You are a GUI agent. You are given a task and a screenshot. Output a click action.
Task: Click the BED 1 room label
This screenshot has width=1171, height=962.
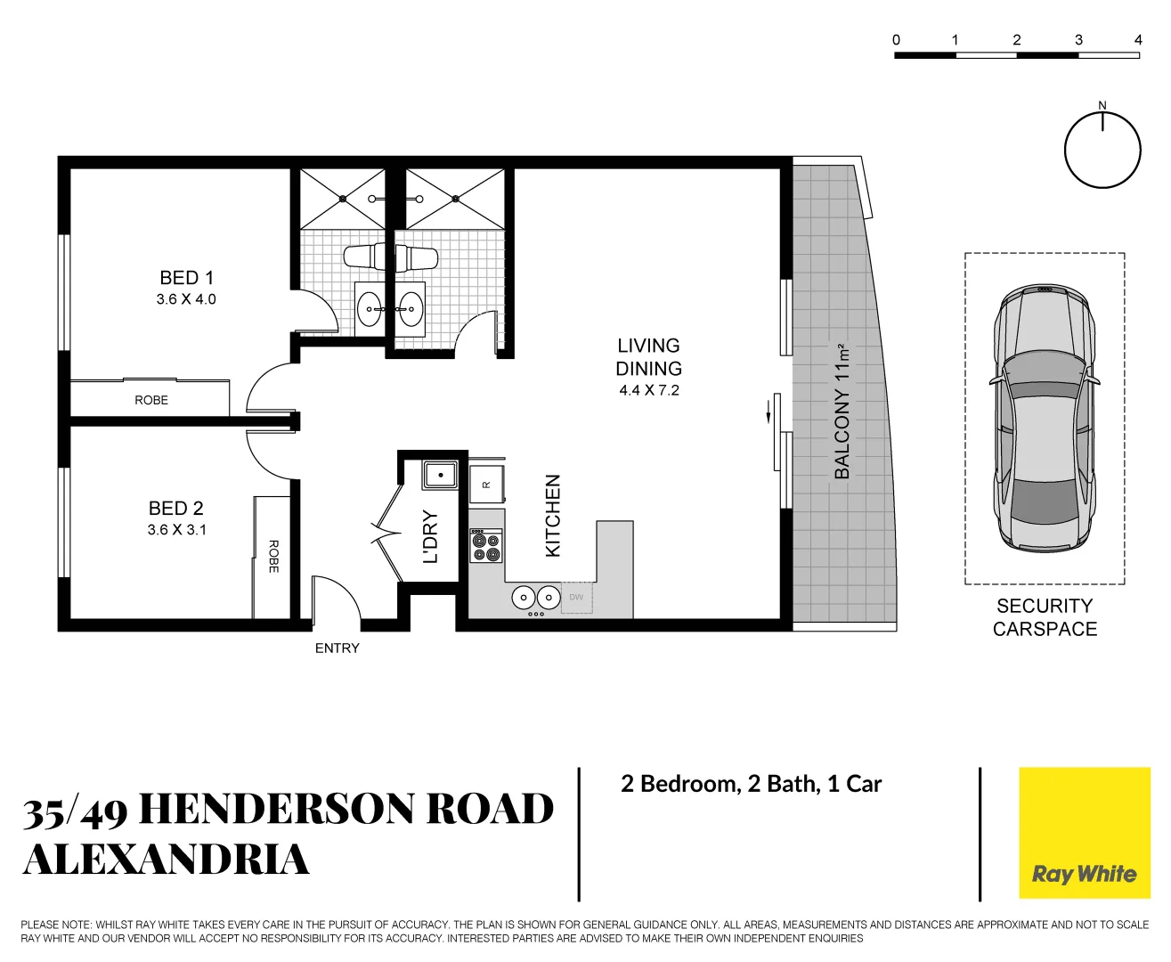[186, 278]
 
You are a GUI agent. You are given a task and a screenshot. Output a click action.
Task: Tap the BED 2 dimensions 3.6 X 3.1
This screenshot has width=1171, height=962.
[176, 530]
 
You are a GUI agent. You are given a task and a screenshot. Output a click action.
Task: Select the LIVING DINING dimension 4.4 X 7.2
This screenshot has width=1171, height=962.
[649, 390]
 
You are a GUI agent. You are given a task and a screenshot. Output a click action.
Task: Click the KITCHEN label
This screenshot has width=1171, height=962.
[553, 516]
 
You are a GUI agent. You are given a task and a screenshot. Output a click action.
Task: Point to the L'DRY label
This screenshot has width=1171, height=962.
[431, 536]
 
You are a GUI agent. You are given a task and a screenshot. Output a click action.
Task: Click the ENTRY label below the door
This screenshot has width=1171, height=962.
[337, 648]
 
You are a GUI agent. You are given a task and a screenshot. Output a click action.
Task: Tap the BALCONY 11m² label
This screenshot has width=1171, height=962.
[842, 411]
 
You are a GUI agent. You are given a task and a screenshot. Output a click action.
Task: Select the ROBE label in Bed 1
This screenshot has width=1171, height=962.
[151, 400]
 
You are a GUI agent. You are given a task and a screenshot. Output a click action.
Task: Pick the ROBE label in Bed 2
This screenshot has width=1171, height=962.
[273, 556]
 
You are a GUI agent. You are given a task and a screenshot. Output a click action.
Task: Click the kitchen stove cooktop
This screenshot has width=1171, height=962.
[486, 546]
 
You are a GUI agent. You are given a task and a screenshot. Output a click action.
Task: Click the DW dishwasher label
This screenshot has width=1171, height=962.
[576, 597]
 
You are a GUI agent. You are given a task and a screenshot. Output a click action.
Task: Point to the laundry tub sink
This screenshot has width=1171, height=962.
[440, 475]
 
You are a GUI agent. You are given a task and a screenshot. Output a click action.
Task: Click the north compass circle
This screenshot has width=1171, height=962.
[1102, 150]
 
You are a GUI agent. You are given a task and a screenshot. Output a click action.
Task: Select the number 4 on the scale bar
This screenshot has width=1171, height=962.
[1137, 40]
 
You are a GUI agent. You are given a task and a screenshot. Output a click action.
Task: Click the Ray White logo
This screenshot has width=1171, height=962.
[1084, 833]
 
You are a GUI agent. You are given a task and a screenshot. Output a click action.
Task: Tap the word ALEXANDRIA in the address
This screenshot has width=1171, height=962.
[167, 860]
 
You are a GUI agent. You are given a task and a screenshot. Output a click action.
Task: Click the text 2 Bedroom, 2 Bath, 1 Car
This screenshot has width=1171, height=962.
[751, 784]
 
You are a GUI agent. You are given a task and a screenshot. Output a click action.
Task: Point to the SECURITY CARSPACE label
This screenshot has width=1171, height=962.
[1045, 617]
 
